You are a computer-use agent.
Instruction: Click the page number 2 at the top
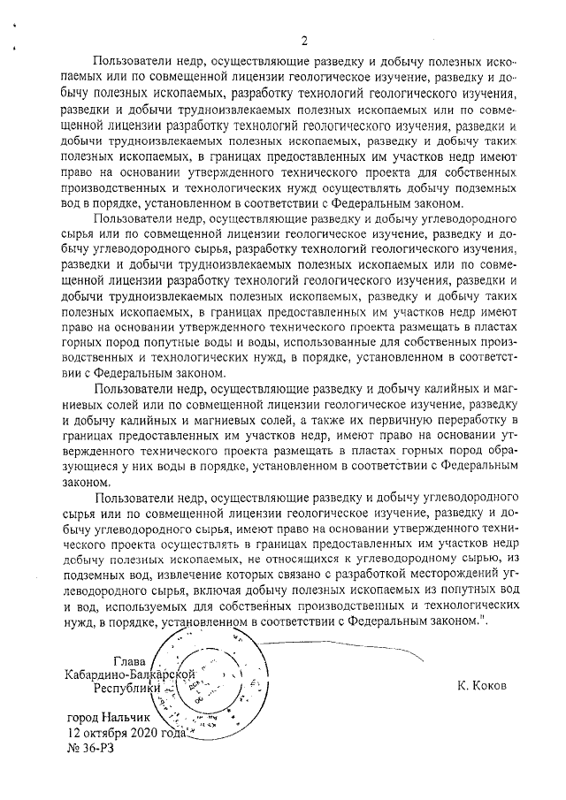tap(303, 41)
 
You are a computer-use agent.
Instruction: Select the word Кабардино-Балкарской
tap(129, 674)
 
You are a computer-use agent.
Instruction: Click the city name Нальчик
tap(125, 719)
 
